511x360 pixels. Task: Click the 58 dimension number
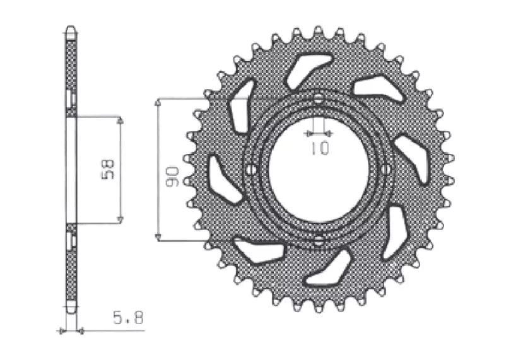[108, 169]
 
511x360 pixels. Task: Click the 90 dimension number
[172, 177]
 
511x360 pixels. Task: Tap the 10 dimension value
[319, 148]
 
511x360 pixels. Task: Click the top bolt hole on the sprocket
[319, 98]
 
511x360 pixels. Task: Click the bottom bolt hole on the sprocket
[319, 240]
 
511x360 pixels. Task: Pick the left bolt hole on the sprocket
[250, 170]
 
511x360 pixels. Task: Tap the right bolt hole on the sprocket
[386, 170]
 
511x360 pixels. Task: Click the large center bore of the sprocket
[319, 170]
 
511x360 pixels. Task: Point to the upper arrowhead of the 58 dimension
[120, 120]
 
